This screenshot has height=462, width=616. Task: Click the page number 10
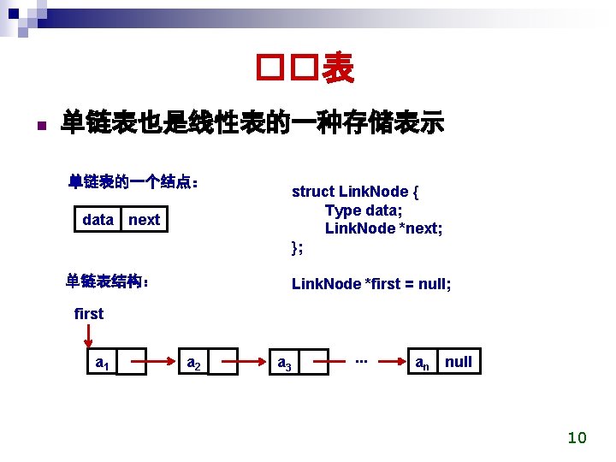(577, 438)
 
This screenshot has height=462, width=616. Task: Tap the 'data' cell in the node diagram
(98, 220)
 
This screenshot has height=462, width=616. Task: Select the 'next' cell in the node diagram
(144, 220)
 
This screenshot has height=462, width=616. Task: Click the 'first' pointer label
(89, 313)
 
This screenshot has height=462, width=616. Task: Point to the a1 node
(101, 363)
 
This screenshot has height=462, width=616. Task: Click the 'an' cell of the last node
(422, 362)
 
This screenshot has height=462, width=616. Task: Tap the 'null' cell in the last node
(458, 361)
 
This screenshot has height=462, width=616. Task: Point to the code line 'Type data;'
(364, 210)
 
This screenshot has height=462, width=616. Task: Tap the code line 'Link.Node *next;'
(383, 228)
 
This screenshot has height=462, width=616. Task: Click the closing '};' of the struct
(297, 248)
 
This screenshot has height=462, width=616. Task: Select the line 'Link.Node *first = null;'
(371, 283)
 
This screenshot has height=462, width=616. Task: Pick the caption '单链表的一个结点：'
(134, 182)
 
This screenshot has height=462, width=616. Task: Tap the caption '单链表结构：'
(109, 281)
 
